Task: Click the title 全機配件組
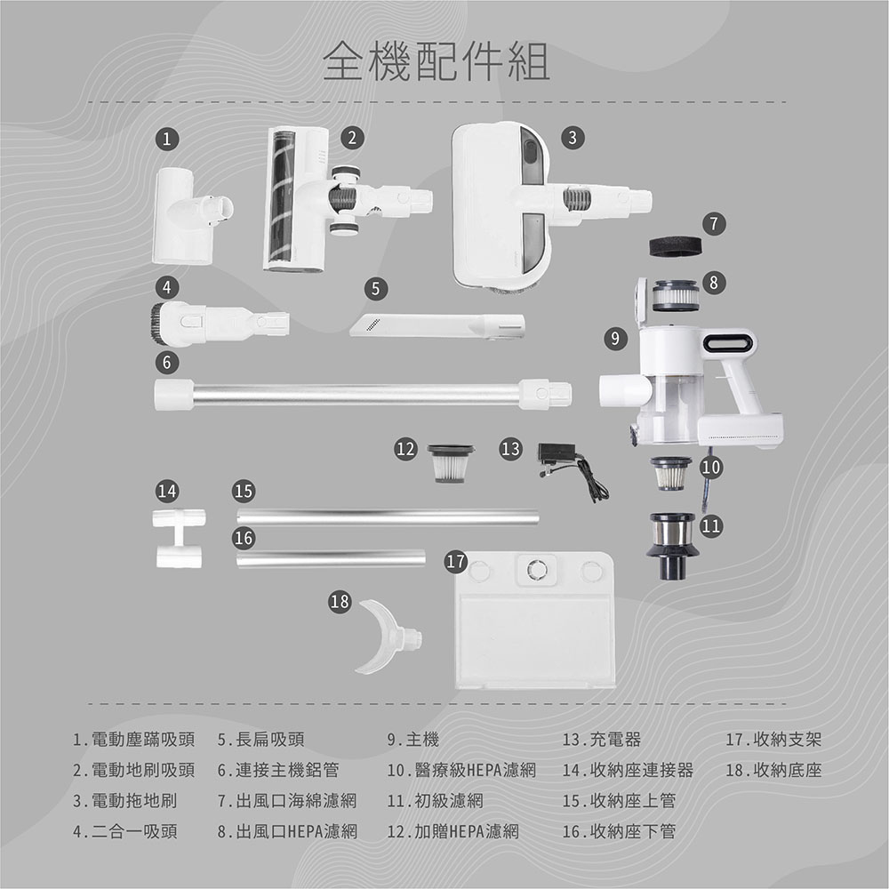coord(436,62)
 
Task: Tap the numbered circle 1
coord(166,138)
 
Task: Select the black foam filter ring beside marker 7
coord(677,246)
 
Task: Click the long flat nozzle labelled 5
coord(436,324)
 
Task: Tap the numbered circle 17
coord(455,562)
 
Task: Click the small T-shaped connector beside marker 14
coord(177,538)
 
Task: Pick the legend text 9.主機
coord(413,740)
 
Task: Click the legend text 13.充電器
coord(602,740)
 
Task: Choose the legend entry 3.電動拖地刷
coord(124,801)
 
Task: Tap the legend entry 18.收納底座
coord(773,770)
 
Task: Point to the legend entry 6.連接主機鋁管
coord(277,770)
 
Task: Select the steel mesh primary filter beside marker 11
coord(673,544)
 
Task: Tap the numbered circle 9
coord(613,338)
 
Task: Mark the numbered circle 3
coord(573,137)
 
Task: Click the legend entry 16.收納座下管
coord(619,832)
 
